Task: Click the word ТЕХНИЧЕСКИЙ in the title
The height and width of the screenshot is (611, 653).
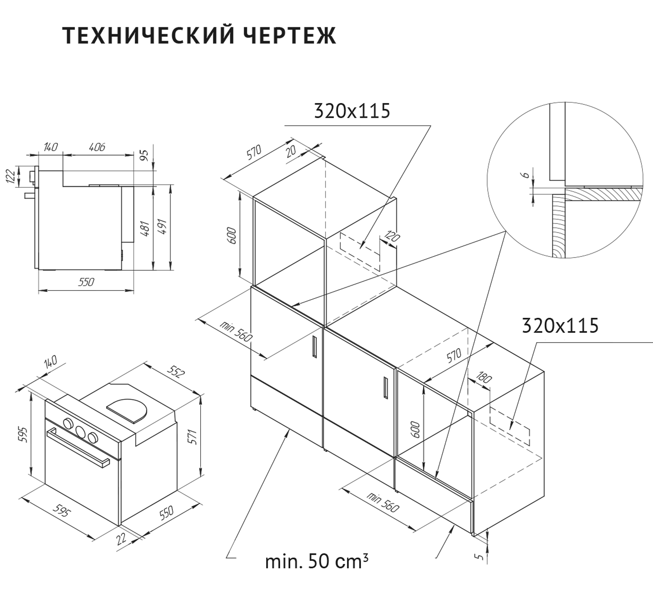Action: point(149,36)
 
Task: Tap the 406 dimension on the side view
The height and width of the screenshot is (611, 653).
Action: point(97,147)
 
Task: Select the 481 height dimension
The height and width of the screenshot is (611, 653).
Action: point(146,229)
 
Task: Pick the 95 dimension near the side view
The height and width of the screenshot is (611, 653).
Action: point(145,154)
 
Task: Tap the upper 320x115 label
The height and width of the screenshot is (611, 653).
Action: point(352,111)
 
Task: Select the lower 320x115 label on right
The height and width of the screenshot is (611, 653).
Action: point(560,325)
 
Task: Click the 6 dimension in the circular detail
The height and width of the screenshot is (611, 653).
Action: point(525,174)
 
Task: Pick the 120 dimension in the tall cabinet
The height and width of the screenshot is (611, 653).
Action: point(392,237)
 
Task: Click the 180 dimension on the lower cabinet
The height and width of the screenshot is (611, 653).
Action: point(485,378)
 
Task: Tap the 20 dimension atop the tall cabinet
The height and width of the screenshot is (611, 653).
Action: point(291,151)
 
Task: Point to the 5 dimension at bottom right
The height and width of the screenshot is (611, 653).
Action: point(480,556)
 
